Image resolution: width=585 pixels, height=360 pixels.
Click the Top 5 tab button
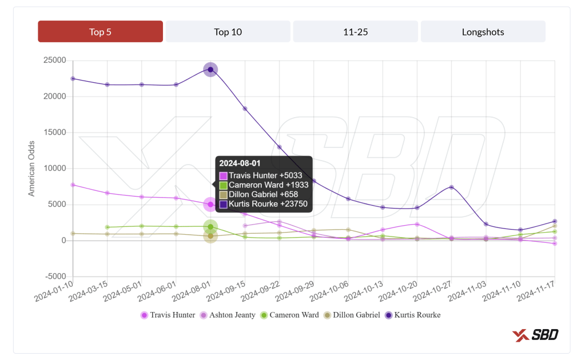[x=101, y=32]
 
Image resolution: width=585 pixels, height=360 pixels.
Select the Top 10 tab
[x=228, y=32]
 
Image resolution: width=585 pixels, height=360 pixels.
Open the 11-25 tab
[x=355, y=32]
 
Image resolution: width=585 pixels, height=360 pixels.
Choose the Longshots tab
[x=483, y=32]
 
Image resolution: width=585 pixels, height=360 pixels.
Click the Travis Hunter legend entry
[x=168, y=315]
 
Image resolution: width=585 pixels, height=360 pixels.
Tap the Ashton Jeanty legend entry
[x=227, y=315]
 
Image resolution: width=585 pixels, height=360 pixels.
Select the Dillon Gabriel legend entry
[x=352, y=315]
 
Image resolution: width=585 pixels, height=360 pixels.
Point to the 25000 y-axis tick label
[x=54, y=61]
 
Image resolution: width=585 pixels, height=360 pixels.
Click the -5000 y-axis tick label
[x=55, y=277]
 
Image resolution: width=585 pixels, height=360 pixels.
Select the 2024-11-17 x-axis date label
[x=536, y=293]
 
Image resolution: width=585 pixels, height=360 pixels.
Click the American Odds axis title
[x=32, y=169]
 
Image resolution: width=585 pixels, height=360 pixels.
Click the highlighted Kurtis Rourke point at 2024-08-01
[x=210, y=70]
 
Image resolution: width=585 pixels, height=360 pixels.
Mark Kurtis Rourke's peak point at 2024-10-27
[x=452, y=187]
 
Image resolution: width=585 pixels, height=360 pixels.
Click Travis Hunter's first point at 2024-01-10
[x=73, y=185]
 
